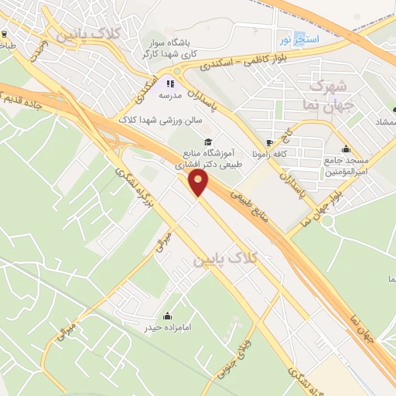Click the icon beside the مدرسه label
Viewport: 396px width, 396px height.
171,84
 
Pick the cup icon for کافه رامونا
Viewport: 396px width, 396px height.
269,143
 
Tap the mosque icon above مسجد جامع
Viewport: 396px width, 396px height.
345,150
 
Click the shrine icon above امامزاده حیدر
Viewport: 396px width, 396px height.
168,316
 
